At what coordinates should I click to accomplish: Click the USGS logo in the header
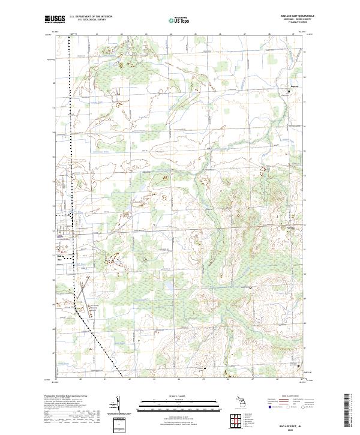pyautogui.click(x=55, y=19)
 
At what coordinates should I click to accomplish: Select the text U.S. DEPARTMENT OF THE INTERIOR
pyautogui.click(x=91, y=16)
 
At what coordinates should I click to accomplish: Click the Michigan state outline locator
pyautogui.click(x=242, y=401)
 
